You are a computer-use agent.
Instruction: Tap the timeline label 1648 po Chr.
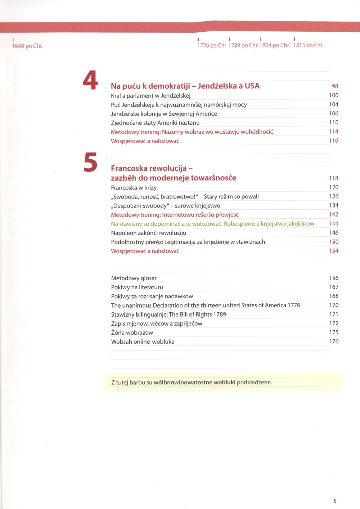(x=27, y=46)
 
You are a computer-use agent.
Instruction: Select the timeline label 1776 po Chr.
(x=212, y=45)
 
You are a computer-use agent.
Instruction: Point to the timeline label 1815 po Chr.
(x=309, y=45)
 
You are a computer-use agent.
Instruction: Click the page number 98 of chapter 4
(x=335, y=86)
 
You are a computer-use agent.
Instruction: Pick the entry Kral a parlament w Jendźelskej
(x=150, y=96)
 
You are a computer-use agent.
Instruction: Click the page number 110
(x=334, y=122)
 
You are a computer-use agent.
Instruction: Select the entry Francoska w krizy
(x=134, y=188)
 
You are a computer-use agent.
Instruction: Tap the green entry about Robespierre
(x=212, y=224)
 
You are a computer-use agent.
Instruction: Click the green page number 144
(x=334, y=224)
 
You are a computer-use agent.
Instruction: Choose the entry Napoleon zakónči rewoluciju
(x=149, y=233)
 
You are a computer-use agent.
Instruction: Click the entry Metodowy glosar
(x=134, y=278)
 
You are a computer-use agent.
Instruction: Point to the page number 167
(x=334, y=287)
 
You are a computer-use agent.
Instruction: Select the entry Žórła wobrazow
(x=132, y=332)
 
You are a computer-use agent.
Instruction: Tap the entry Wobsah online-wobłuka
(x=143, y=341)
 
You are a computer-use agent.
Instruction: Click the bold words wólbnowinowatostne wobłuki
(x=194, y=382)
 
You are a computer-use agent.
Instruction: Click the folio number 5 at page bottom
(x=335, y=501)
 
